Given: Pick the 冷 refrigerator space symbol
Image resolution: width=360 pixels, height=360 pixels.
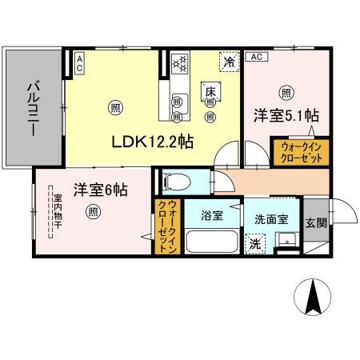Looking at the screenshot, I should coord(229,61).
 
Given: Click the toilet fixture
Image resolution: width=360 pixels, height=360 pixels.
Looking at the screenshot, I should coord(173,182).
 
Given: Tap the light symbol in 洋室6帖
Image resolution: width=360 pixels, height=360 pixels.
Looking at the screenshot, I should coord(94,212).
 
